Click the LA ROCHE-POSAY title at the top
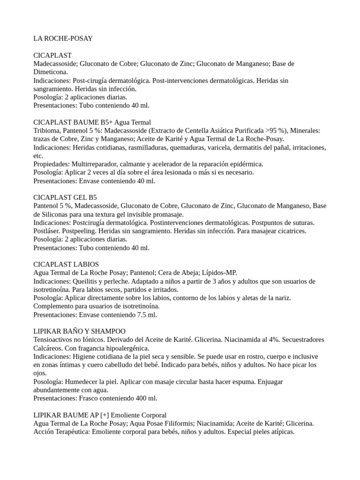tap(63, 38)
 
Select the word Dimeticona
tap(50, 72)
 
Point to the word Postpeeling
tap(81, 231)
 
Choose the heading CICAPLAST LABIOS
tap(66, 264)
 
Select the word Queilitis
tap(87, 281)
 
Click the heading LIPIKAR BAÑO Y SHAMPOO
tap(79, 331)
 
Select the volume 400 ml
tap(144, 398)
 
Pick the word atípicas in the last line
tap(280, 432)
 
